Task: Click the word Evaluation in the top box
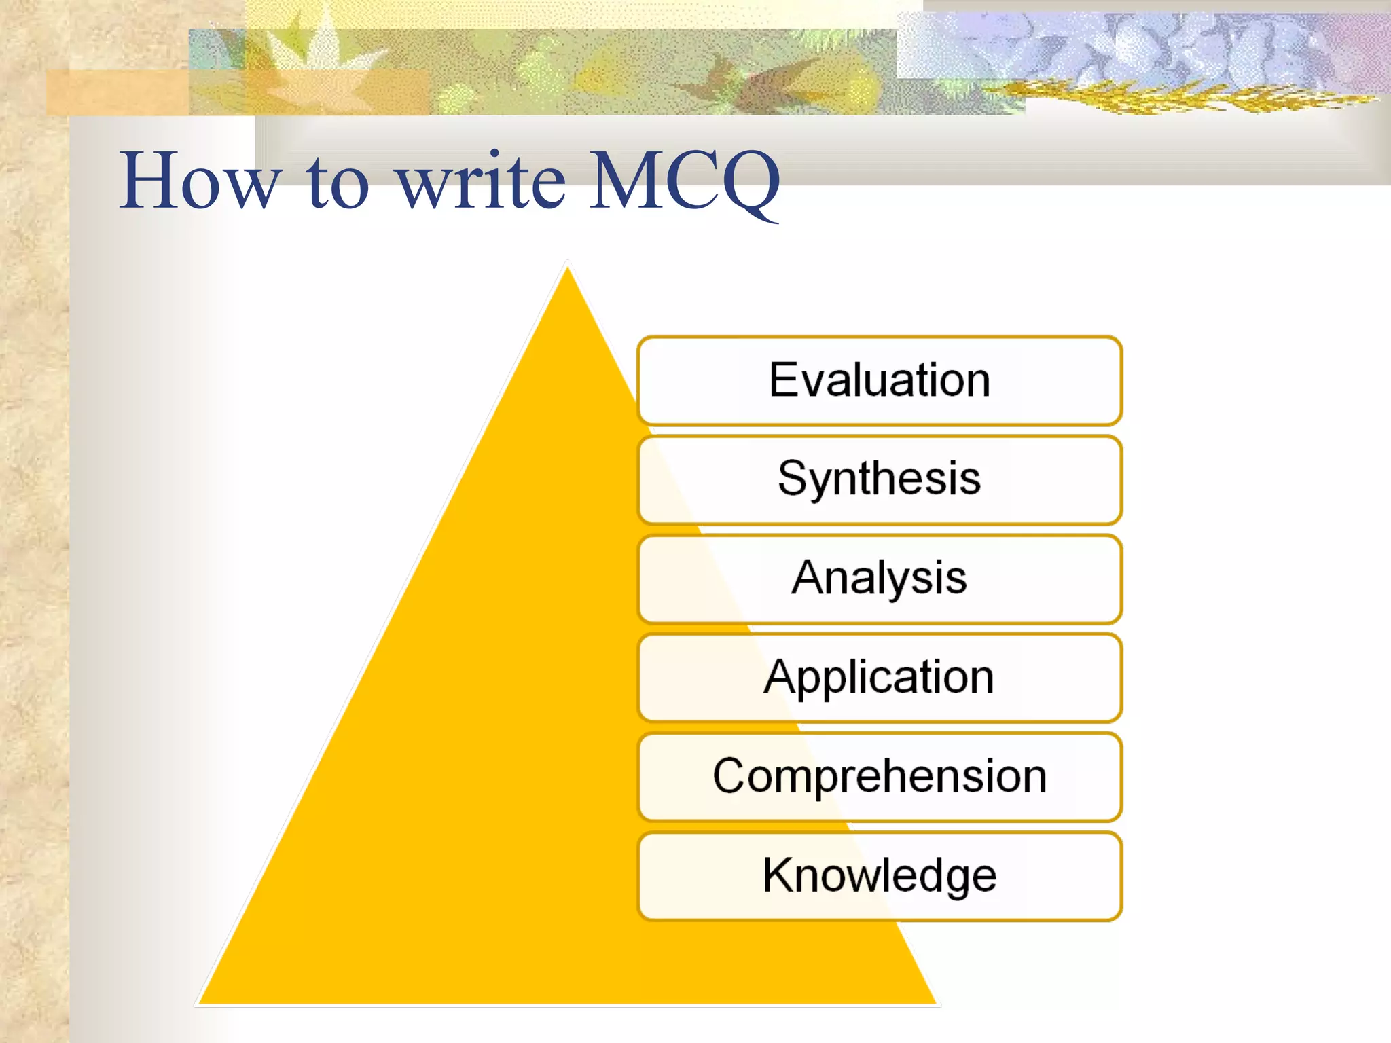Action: (879, 380)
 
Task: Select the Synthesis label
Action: (879, 479)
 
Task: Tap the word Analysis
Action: (879, 579)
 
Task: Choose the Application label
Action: (879, 677)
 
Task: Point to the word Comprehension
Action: (879, 776)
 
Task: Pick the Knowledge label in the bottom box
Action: (879, 875)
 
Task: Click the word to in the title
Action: (338, 182)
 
